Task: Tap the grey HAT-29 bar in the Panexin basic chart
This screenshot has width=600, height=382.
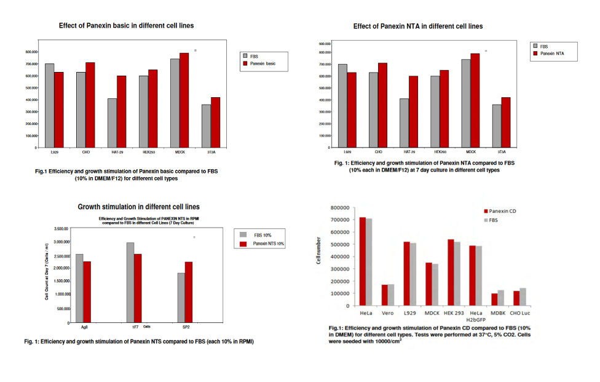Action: (x=112, y=123)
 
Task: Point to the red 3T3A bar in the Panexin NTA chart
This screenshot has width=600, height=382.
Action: (x=505, y=122)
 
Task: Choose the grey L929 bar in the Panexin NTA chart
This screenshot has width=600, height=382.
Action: (x=342, y=106)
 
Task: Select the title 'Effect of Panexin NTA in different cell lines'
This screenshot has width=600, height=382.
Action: (x=418, y=26)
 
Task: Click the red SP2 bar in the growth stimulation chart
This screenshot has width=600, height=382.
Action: (x=189, y=292)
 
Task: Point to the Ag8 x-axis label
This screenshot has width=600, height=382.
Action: (x=84, y=327)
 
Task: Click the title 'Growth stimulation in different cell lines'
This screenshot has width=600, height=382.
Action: (x=138, y=207)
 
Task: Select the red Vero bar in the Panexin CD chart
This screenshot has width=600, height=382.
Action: (x=385, y=295)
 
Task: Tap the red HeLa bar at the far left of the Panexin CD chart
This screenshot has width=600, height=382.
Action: (x=363, y=261)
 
